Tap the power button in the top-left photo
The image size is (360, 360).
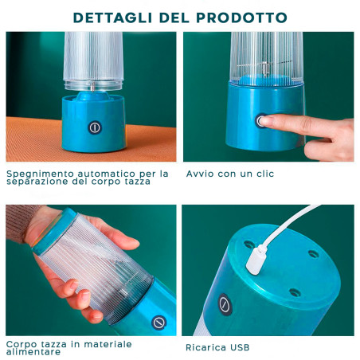[x=95, y=127]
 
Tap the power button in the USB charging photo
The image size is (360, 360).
[x=225, y=304]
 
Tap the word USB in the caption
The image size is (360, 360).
[x=241, y=347]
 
